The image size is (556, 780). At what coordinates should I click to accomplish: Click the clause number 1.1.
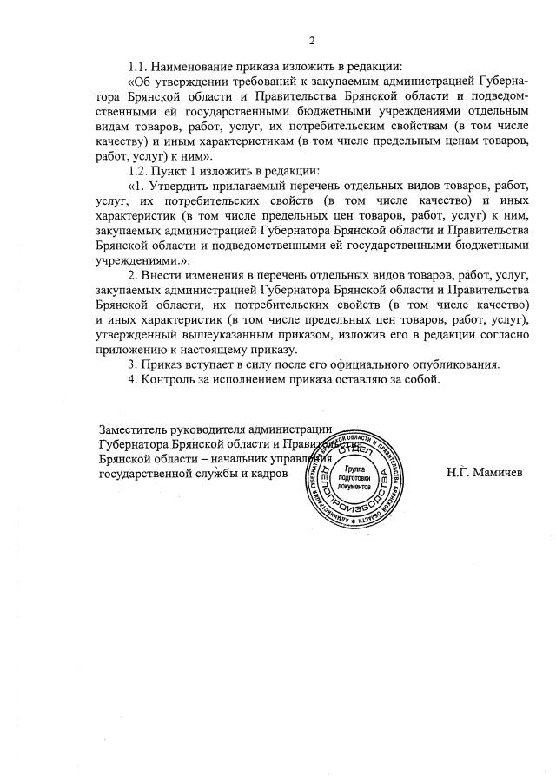[140, 66]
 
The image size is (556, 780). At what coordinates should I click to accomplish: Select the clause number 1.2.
[140, 170]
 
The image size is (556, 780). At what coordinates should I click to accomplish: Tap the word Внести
[172, 275]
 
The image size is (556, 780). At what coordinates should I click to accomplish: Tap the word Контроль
[169, 379]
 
